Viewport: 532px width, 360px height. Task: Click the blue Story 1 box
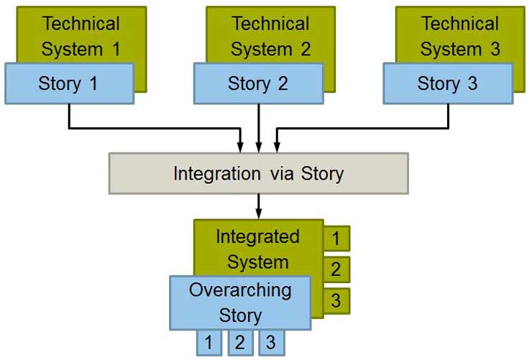[70, 83]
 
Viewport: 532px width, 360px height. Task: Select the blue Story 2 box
[259, 83]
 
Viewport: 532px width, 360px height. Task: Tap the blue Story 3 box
[448, 83]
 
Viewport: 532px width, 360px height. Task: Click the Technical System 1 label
[81, 36]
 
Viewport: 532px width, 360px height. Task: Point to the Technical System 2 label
[270, 36]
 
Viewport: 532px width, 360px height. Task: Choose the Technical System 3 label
[460, 36]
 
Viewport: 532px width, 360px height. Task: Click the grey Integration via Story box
[259, 173]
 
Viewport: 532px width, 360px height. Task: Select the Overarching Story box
[240, 303]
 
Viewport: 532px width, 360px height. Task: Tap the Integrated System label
[258, 249]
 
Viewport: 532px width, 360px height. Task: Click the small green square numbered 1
[336, 239]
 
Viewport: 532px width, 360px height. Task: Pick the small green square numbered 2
[336, 269]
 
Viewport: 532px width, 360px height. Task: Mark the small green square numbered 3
[336, 301]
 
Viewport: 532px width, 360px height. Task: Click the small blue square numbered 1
[209, 343]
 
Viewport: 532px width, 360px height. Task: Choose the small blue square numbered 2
[240, 343]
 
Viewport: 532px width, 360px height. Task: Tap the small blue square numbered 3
[272, 343]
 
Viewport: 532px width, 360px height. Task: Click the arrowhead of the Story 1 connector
[240, 147]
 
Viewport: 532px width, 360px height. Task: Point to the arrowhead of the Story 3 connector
[277, 147]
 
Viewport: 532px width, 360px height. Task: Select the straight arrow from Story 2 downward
[259, 129]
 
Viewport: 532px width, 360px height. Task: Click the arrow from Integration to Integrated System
[259, 206]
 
